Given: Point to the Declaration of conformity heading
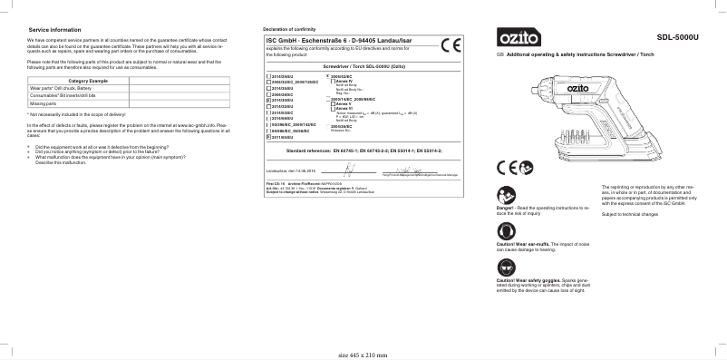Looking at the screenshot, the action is coord(293,30).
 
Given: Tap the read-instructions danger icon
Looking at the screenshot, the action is coord(505,193).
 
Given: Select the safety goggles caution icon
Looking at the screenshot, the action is coord(505,265).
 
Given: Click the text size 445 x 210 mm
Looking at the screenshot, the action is coord(364,354).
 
